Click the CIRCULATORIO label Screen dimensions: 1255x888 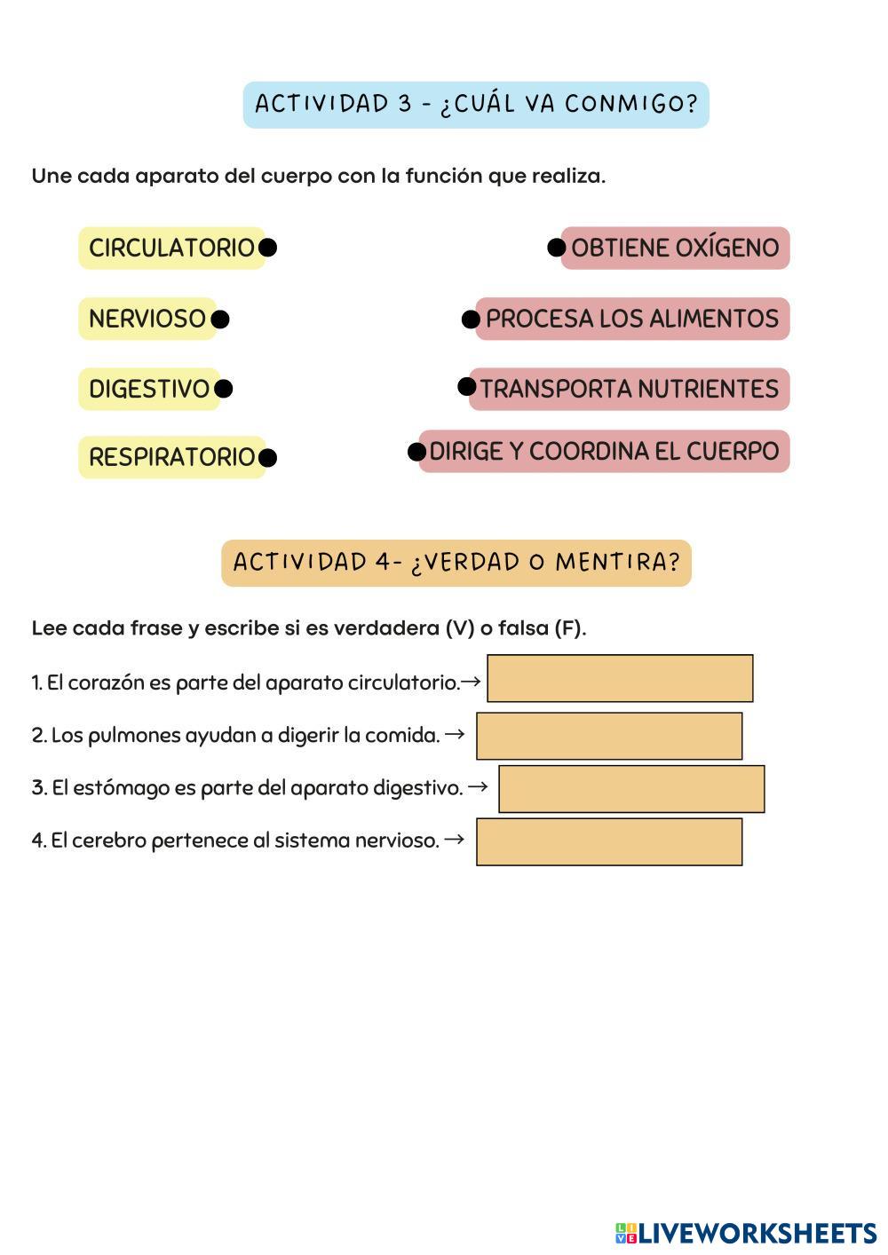(x=171, y=248)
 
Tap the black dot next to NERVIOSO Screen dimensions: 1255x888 (x=220, y=320)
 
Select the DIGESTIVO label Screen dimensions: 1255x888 (x=148, y=389)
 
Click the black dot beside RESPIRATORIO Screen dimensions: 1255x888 (x=267, y=458)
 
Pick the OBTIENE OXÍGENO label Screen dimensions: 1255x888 (x=675, y=248)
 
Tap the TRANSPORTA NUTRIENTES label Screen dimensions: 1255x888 (x=629, y=389)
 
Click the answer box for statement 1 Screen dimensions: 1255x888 (x=620, y=679)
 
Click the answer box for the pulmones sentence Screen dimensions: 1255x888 (x=609, y=736)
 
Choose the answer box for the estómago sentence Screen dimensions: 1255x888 (x=631, y=789)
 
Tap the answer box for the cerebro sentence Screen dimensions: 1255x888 (x=609, y=842)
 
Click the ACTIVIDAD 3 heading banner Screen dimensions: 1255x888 (x=476, y=105)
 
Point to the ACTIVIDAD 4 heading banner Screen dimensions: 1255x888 (x=456, y=563)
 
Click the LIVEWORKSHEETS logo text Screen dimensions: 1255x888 (x=757, y=1233)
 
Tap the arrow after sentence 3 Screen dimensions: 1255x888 (x=478, y=786)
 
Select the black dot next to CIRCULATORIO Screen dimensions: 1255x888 (x=267, y=248)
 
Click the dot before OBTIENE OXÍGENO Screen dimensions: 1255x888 (x=557, y=248)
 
